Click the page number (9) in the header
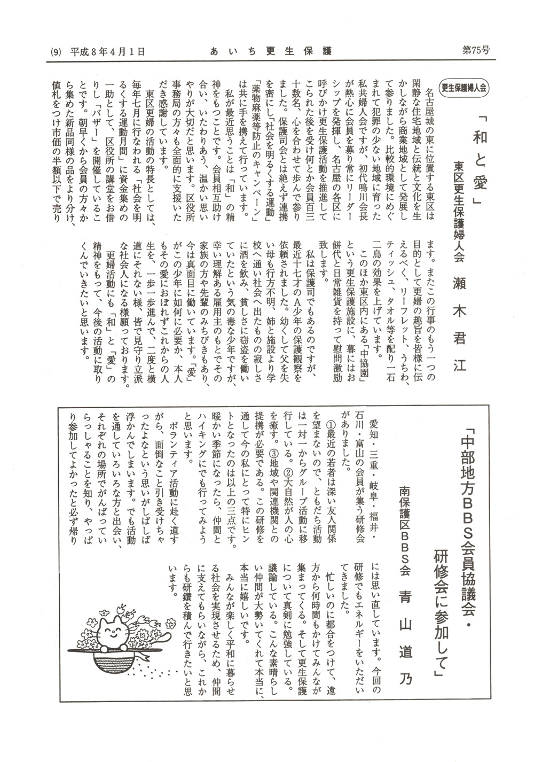point(56,52)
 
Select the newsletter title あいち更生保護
point(271,51)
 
